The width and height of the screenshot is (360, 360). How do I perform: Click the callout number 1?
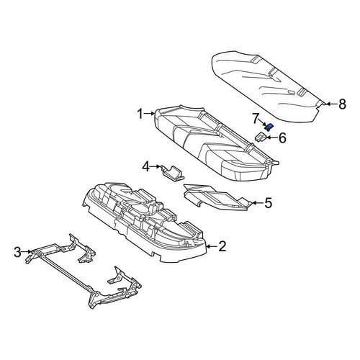click(x=140, y=114)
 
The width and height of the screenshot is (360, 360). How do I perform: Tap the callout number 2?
click(x=222, y=246)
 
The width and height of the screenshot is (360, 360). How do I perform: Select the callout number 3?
click(x=17, y=252)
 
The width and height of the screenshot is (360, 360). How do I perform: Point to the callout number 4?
click(x=145, y=166)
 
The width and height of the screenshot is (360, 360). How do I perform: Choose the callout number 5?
click(x=268, y=203)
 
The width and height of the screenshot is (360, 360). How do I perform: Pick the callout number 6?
click(x=282, y=138)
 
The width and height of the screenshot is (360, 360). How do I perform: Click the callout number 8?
click(x=342, y=104)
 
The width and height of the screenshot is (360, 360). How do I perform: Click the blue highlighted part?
click(x=269, y=127)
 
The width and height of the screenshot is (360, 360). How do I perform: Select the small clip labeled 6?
click(x=261, y=137)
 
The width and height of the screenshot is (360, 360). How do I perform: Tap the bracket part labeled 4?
click(x=172, y=172)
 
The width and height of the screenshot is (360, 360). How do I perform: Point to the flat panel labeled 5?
click(x=216, y=197)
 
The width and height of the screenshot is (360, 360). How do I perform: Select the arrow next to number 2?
click(x=212, y=246)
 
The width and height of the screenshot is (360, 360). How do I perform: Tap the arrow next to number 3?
click(x=27, y=252)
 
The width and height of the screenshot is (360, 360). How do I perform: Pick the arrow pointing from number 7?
click(x=262, y=122)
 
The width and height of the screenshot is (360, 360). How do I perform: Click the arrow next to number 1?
click(x=150, y=113)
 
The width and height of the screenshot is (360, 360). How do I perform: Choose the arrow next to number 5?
click(x=256, y=203)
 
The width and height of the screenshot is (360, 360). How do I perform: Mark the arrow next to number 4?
click(x=156, y=166)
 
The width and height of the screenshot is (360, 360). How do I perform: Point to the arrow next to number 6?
click(x=271, y=138)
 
